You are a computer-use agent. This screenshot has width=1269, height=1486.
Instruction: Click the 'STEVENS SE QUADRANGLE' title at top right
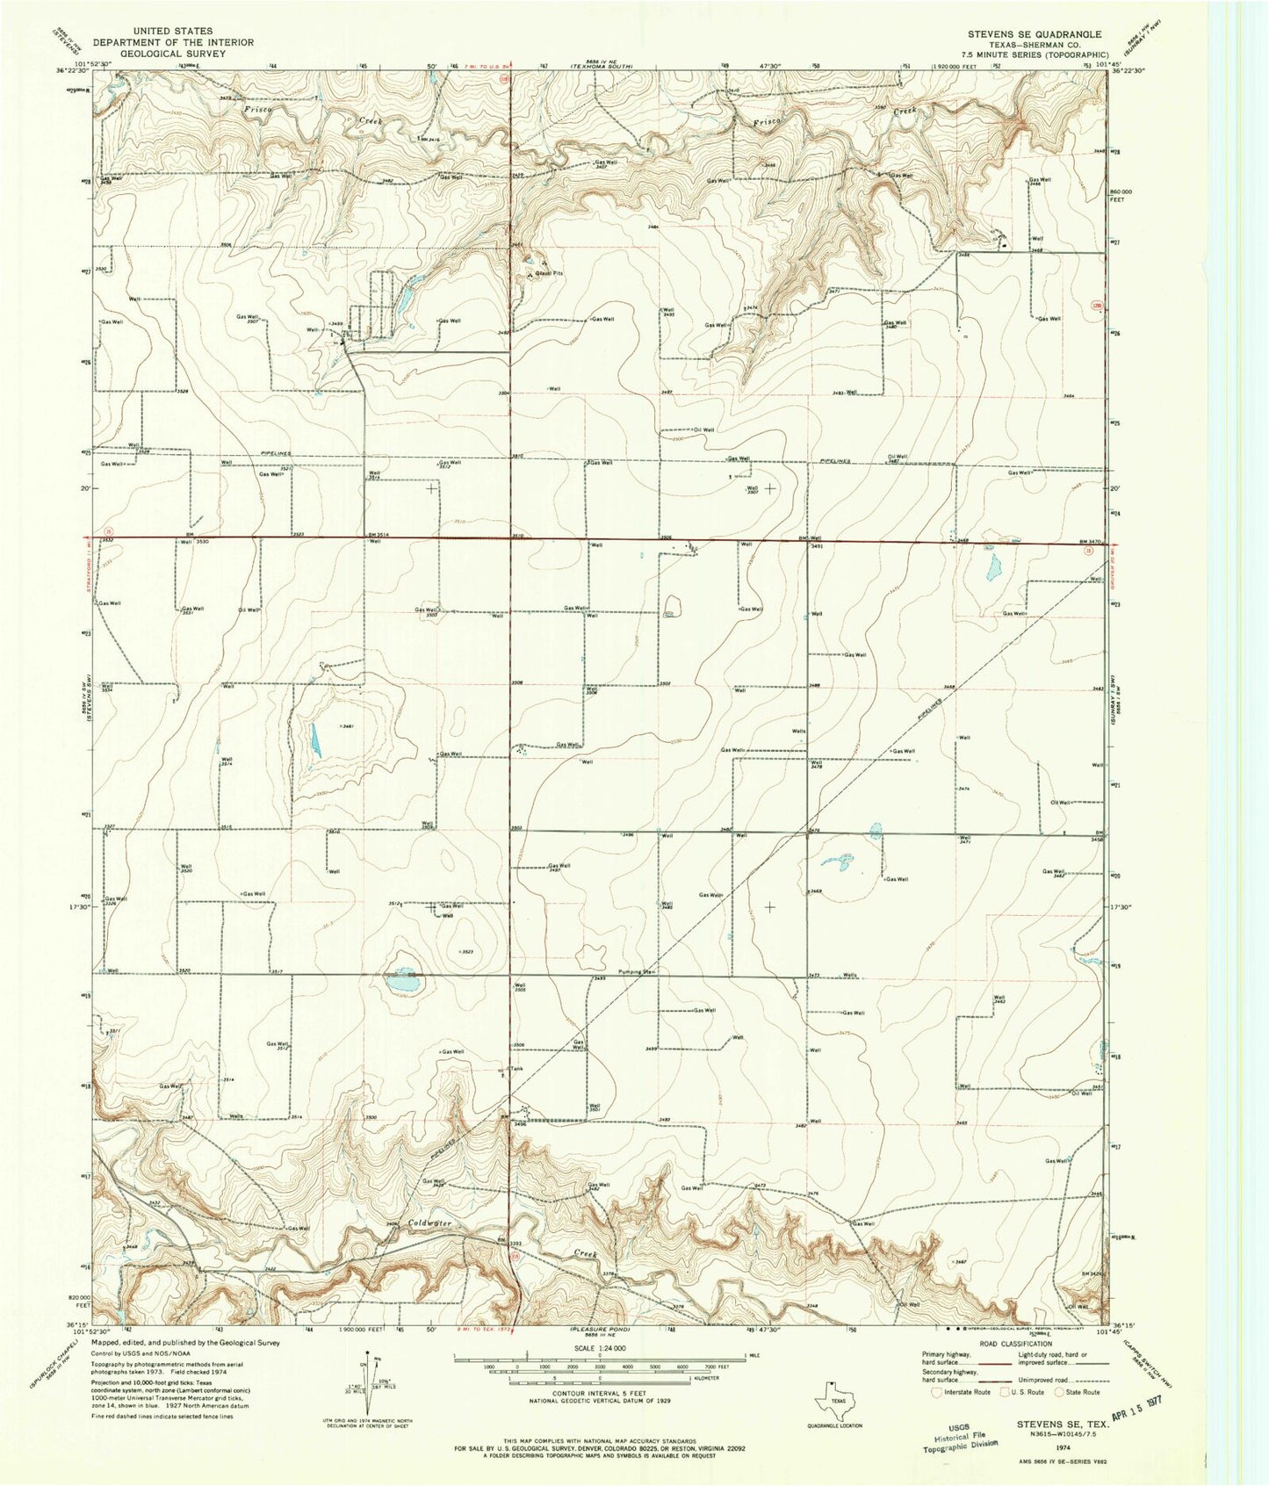click(1035, 34)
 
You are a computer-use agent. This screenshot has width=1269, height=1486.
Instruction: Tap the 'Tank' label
click(516, 1069)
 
